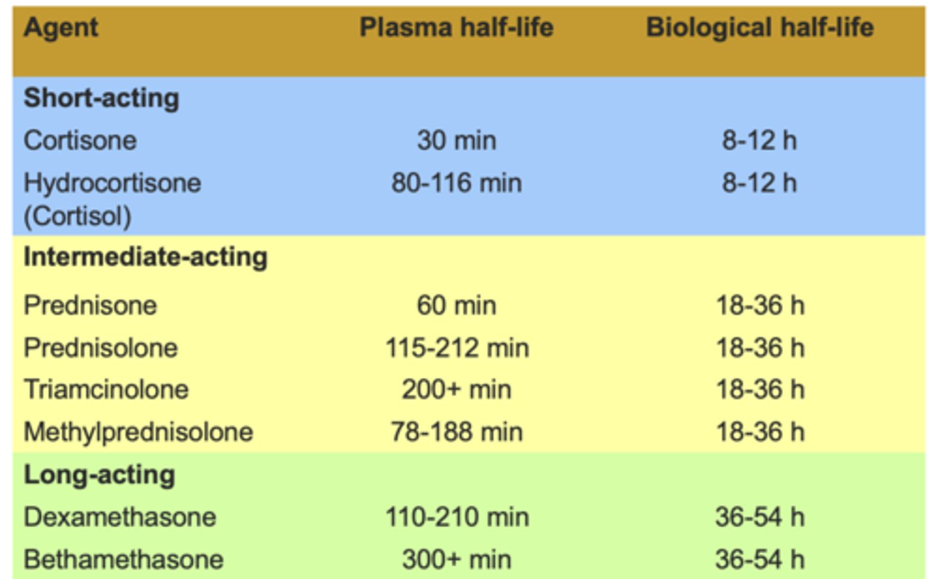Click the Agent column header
coord(61,28)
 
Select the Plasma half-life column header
coord(456,28)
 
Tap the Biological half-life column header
coord(760,28)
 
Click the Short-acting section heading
coord(101,98)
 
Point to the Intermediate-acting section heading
coord(145,257)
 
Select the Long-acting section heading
coord(99,475)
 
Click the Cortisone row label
coord(80,141)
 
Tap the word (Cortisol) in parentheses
coord(78,216)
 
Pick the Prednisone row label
coord(90,305)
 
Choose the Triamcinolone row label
coord(106,389)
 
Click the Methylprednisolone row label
coord(138,432)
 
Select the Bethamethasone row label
coord(123,559)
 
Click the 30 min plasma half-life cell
coord(456,141)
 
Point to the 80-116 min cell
coord(456,183)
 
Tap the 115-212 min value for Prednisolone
coord(457,348)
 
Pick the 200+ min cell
coord(456,389)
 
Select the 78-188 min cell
coord(456,432)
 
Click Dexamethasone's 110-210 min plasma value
coord(457,517)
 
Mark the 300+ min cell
coord(456,559)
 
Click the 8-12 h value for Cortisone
coord(759,141)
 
